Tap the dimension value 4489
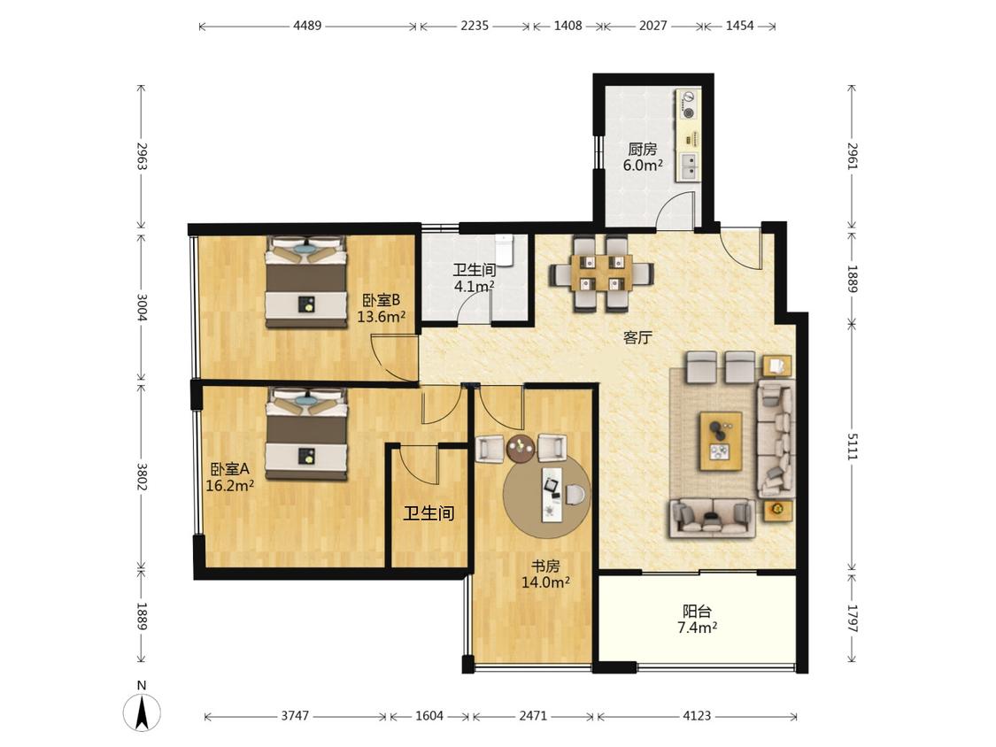pyautogui.click(x=307, y=26)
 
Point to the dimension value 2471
pyautogui.click(x=533, y=717)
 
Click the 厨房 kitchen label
pyautogui.click(x=642, y=150)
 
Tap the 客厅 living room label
pyautogui.click(x=637, y=337)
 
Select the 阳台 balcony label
pyautogui.click(x=697, y=612)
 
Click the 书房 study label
pyautogui.click(x=545, y=566)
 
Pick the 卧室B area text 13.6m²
pyautogui.click(x=381, y=316)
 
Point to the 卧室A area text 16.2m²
pyautogui.click(x=230, y=485)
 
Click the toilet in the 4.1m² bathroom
pyautogui.click(x=504, y=250)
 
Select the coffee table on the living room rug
pyautogui.click(x=721, y=441)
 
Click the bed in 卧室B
pyautogui.click(x=307, y=281)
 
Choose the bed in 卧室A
pyautogui.click(x=307, y=434)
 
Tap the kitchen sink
pyautogui.click(x=689, y=166)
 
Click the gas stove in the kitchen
pyautogui.click(x=688, y=104)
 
